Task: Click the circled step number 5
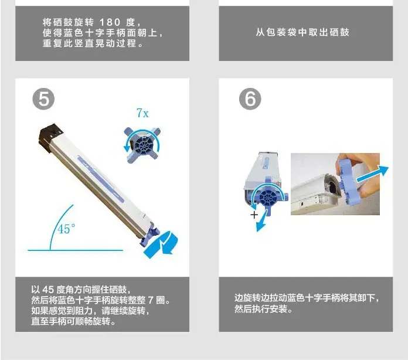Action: tap(43, 99)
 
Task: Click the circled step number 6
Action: tap(250, 99)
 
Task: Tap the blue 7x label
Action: tap(142, 113)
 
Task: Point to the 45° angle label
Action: tap(66, 229)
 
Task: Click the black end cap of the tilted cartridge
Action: tap(51, 137)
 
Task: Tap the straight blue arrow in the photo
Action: tap(372, 174)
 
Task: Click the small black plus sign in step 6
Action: tap(254, 215)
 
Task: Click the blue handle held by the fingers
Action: tap(349, 182)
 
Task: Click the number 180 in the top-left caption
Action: tap(110, 22)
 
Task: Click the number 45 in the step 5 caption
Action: tap(48, 290)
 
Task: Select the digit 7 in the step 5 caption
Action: tap(151, 300)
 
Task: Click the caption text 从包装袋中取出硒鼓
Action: tap(302, 32)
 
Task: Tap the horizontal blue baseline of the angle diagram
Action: tap(76, 250)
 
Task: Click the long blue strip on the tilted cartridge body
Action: tap(101, 179)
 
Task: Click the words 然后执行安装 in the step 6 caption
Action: tap(261, 309)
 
